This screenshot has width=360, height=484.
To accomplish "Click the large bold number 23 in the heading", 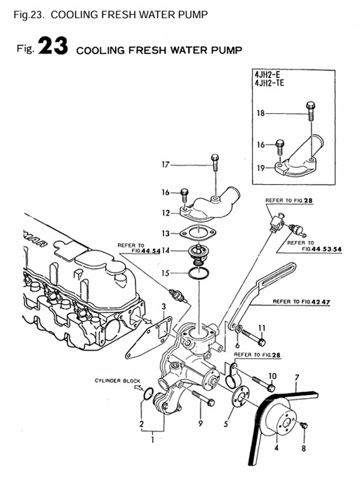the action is (53, 46).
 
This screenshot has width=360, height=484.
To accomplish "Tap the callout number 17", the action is (166, 165).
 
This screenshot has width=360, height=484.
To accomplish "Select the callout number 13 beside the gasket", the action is (166, 234).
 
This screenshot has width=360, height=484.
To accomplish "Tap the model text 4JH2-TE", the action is (269, 83).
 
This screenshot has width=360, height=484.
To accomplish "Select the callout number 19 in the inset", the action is (261, 168).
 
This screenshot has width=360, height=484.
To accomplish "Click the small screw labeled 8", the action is (304, 426).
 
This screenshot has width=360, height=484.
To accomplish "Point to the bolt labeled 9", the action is (203, 398).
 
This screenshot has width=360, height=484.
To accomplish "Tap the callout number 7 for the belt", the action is (297, 377).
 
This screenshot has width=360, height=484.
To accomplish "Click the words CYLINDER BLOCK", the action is (117, 381).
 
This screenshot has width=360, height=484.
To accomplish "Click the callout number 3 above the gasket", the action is (164, 307).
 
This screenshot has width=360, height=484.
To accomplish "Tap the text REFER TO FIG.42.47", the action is (301, 301).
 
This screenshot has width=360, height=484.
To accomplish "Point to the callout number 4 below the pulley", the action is (276, 447).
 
